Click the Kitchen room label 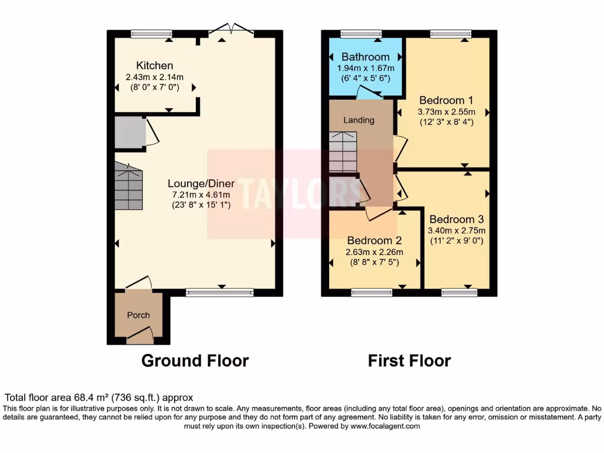coord(155,65)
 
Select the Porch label coord(139,315)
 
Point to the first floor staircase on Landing coord(343,152)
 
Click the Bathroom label coord(365,57)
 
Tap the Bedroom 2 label coord(374,241)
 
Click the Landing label coord(359,120)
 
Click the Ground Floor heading coord(195,360)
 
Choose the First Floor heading coord(409,360)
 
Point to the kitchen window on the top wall coord(152,34)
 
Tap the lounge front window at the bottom coord(219,292)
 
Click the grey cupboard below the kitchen coord(130,132)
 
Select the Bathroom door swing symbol coord(370,91)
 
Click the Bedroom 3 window coord(459,292)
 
